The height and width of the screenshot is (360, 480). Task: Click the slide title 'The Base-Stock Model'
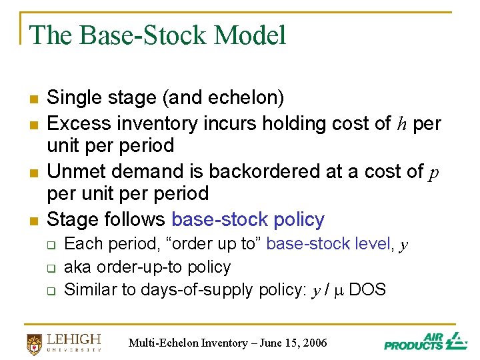(x=157, y=35)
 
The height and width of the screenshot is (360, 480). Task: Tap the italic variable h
(x=402, y=124)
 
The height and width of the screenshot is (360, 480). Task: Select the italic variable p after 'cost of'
(x=433, y=173)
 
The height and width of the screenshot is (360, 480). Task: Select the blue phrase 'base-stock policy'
(x=248, y=219)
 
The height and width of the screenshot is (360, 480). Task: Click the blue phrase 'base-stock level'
(x=328, y=244)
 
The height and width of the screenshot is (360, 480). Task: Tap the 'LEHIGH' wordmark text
(x=73, y=339)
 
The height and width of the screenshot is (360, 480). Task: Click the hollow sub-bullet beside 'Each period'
(x=51, y=245)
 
